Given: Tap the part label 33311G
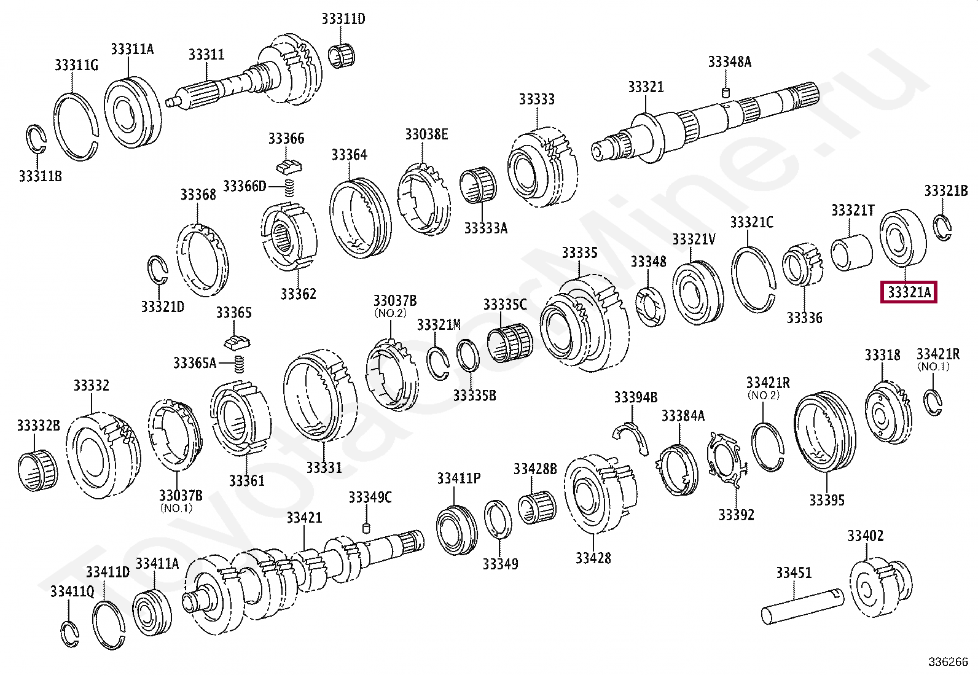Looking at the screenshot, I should click(x=76, y=64).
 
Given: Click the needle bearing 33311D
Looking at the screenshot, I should click(x=343, y=55).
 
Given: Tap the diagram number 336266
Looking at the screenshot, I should click(x=948, y=661).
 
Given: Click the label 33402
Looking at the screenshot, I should click(x=866, y=536).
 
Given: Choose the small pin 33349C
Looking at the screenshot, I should click(x=367, y=528).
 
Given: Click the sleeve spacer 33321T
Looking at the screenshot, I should click(x=851, y=252).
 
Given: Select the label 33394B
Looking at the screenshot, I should click(x=635, y=397).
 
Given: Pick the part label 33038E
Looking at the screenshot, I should click(x=426, y=134).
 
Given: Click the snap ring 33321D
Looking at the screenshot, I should click(x=158, y=270).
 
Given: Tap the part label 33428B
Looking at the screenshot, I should click(x=535, y=469).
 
